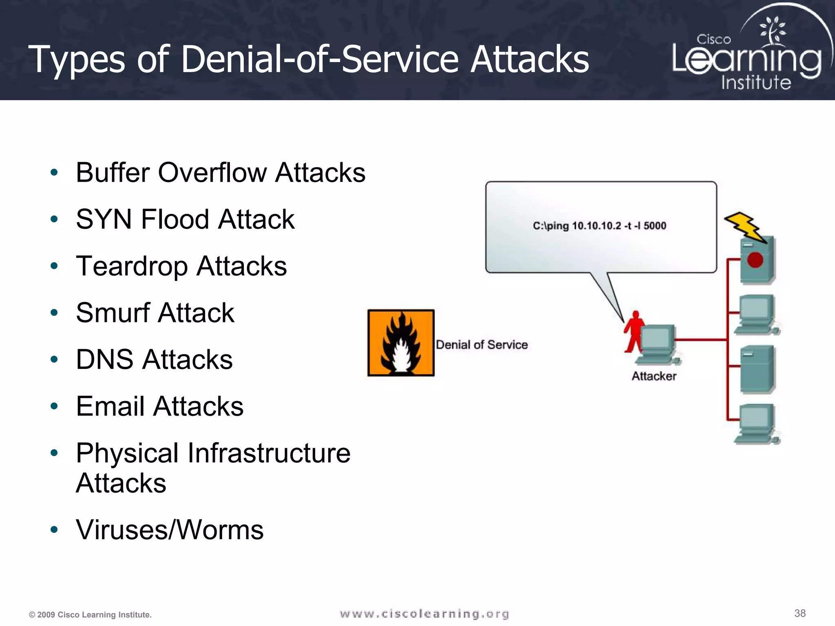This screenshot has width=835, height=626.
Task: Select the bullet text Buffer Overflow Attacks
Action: [x=221, y=173]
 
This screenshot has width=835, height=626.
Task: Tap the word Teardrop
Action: [x=132, y=267]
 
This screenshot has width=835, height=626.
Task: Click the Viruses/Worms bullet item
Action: [x=170, y=530]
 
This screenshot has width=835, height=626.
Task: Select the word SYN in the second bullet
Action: [x=104, y=220]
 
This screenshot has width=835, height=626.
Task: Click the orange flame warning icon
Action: [x=401, y=343]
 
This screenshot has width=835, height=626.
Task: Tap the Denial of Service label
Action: [x=482, y=345]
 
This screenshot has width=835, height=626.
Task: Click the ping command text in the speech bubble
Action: [x=599, y=226]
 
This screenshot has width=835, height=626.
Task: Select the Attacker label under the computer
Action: [x=654, y=376]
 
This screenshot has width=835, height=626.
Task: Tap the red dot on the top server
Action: [x=755, y=260]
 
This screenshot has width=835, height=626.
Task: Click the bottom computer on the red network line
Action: [x=756, y=424]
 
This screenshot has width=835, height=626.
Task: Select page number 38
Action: [x=800, y=613]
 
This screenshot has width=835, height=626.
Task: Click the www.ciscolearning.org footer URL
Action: [x=424, y=614]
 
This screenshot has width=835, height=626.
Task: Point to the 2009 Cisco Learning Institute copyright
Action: [x=90, y=615]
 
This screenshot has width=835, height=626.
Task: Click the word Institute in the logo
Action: [x=756, y=83]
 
